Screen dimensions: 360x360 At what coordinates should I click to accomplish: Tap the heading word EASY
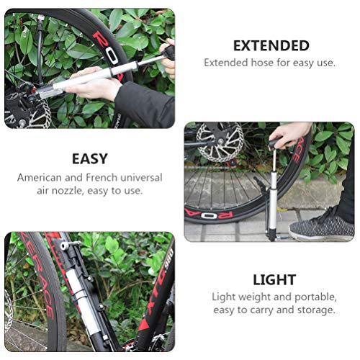pos(90,158)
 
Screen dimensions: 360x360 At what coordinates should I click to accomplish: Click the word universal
pos(140,177)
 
